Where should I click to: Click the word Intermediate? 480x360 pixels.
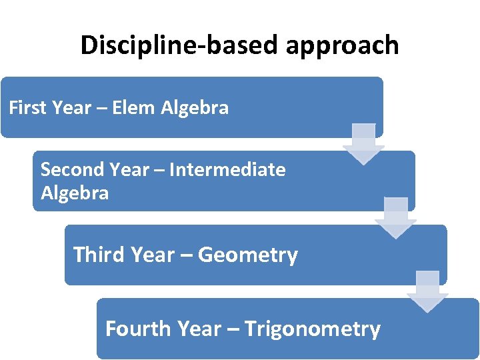coord(227,169)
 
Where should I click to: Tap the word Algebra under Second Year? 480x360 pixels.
coord(74,193)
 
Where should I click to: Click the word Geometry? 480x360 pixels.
coord(248,255)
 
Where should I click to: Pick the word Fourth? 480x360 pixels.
coord(139,329)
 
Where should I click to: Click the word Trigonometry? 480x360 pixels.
coord(313,329)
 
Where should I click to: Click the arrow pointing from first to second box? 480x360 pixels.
coord(363,143)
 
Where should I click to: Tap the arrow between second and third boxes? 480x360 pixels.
coord(396,217)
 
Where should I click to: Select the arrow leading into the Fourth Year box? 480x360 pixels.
coord(428,291)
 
